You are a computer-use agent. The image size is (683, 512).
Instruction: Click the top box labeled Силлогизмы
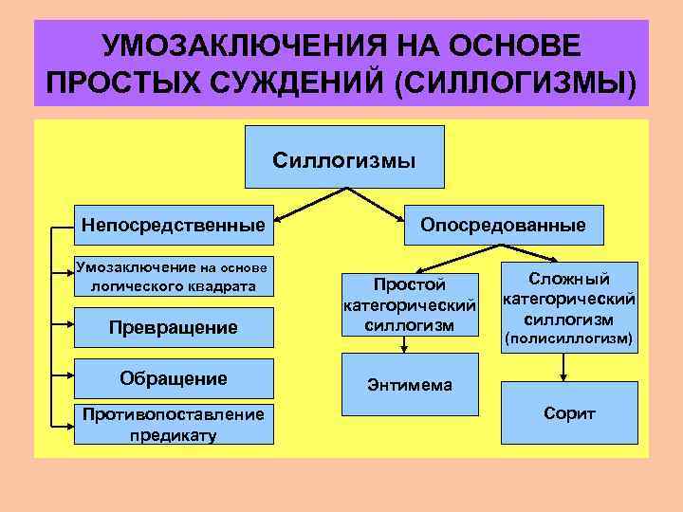point(344,157)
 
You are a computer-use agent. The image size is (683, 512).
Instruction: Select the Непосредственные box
point(172,226)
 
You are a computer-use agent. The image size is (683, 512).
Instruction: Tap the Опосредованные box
point(503,226)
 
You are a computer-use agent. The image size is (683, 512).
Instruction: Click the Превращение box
point(172,327)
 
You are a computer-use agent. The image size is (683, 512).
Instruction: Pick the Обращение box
point(173,378)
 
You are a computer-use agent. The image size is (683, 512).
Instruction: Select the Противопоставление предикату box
point(172,425)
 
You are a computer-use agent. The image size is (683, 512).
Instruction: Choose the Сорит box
point(569,414)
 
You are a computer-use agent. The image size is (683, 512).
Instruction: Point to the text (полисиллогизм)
point(569,338)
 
